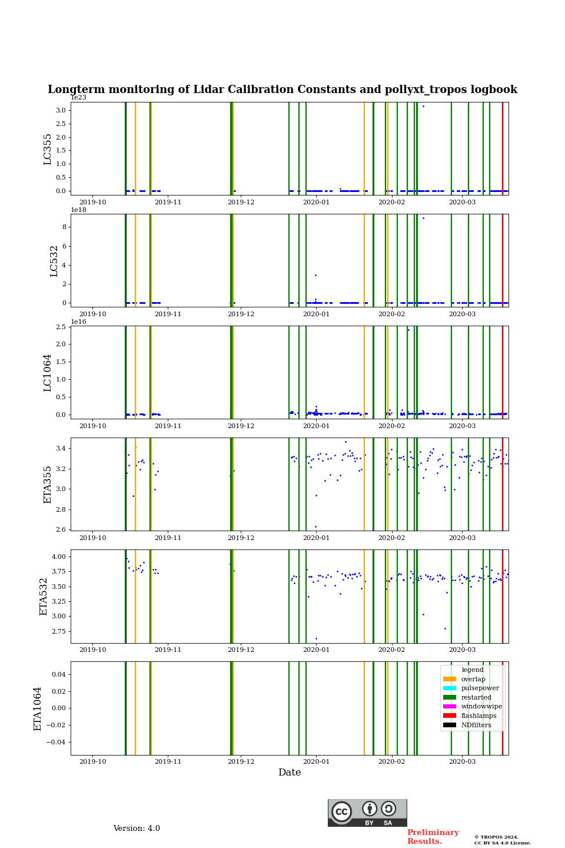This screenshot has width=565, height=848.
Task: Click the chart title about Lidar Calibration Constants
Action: coord(282,90)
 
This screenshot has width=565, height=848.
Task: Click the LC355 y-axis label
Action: coord(48,149)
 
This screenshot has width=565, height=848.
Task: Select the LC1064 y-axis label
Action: coord(48,373)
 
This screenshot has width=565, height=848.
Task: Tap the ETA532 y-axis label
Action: coord(44,597)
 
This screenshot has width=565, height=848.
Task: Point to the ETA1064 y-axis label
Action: coord(38,708)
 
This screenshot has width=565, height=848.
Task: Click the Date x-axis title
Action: coord(290,773)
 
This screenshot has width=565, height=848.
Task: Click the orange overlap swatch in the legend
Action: coord(450,679)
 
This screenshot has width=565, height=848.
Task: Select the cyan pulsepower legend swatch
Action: coord(450,688)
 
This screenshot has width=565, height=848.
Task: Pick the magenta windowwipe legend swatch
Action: coord(450,707)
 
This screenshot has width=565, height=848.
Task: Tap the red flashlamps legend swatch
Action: coord(450,716)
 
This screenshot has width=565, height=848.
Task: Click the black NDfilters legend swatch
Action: coord(450,725)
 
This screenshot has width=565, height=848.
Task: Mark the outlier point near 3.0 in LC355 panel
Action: coord(423,106)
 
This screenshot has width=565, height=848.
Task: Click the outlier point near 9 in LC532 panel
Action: coord(423,218)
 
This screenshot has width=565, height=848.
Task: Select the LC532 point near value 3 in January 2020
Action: coord(315,275)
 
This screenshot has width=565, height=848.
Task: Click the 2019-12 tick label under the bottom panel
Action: coord(241,761)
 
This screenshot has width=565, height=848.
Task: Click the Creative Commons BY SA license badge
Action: coord(367,813)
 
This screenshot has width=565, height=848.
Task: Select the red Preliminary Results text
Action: coord(433,837)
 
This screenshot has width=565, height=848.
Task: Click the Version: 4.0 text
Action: coord(137,829)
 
